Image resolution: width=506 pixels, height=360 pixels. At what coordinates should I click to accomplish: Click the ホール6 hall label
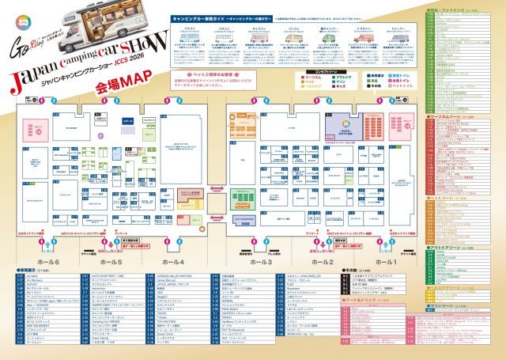(46, 260)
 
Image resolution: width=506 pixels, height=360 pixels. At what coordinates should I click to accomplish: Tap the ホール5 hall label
(111, 260)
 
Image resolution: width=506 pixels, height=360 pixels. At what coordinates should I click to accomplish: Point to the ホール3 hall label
(261, 260)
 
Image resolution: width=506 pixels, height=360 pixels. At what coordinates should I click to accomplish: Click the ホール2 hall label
(323, 260)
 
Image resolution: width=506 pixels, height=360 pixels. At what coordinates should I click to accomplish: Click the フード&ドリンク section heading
(340, 300)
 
